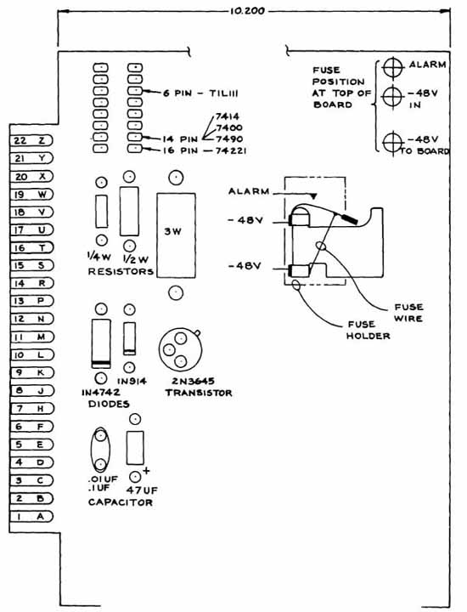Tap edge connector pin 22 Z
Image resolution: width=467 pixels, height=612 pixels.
31,140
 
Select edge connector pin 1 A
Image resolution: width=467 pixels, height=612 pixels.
31,517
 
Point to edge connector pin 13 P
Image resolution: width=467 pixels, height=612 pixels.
31,301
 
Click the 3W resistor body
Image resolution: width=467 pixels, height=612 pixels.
176,235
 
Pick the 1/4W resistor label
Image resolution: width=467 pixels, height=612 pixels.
99,258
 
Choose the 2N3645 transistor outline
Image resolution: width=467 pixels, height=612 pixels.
179,349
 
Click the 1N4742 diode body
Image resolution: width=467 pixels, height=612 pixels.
101,343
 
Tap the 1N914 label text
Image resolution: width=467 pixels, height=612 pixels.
132,381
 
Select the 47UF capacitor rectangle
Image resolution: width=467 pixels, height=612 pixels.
135,448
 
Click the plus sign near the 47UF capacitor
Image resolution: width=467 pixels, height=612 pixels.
146,471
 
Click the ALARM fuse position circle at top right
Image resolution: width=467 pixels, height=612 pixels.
393,68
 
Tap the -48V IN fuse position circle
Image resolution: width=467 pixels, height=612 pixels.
393,96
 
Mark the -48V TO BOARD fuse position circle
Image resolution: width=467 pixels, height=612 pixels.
393,143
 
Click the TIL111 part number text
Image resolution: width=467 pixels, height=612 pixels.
224,93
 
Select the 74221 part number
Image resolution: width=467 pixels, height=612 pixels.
231,150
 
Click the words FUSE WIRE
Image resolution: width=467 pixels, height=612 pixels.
408,313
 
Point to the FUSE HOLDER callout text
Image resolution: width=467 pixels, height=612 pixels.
368,330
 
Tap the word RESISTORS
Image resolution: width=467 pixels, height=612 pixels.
121,271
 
